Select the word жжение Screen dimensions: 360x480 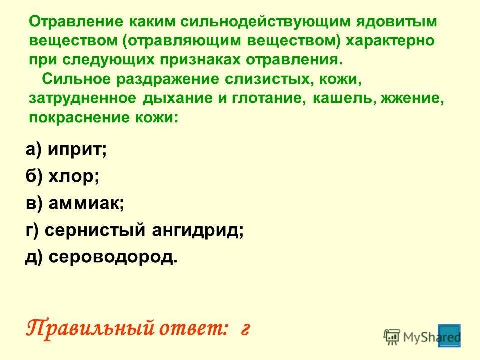(412, 98)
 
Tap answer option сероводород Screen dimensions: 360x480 (112, 258)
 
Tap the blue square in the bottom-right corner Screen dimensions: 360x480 (449, 336)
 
